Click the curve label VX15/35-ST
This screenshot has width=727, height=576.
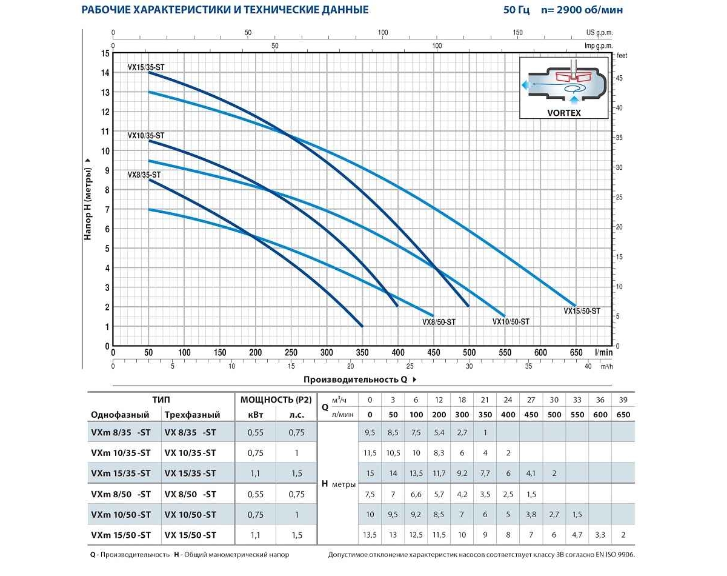coord(145,68)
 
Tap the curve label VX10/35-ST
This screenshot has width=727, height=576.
coord(145,136)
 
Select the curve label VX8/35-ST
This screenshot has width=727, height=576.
coord(144,175)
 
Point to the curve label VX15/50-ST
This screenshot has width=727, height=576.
coord(582,311)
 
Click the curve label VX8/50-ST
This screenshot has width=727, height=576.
coord(439,322)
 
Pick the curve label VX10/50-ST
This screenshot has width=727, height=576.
coord(511,322)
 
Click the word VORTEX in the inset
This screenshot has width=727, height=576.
coord(563,113)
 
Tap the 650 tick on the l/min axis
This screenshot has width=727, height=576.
coord(576,353)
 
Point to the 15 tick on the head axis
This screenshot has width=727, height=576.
coord(105,53)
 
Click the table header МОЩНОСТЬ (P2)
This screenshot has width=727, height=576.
coord(276,400)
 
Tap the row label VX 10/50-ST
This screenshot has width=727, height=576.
coord(190,515)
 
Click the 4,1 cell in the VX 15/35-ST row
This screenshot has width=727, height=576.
coord(531,474)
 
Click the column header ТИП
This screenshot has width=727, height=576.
coord(161,400)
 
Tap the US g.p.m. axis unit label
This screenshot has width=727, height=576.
coord(599,33)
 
